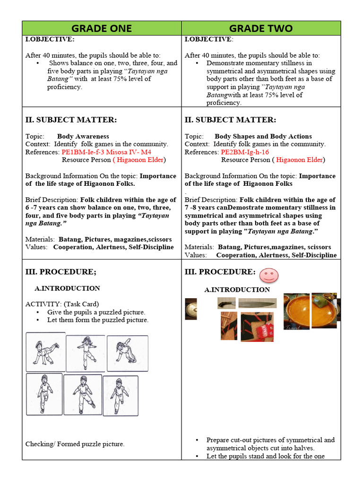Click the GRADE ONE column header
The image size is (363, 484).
[x=102, y=28]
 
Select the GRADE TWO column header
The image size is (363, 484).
[x=261, y=28]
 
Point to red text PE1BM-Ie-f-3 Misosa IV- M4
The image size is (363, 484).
[x=106, y=152]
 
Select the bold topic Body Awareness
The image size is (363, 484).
[x=83, y=136]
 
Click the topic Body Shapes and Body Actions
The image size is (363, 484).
[x=263, y=136]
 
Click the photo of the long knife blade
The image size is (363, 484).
[x=258, y=303]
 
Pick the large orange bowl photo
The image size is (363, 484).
[x=297, y=311]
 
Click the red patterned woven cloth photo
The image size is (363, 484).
[x=257, y=327]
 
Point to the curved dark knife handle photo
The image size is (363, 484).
[x=226, y=303]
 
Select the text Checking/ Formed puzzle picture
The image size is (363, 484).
[x=75, y=444]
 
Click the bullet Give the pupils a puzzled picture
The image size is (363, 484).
[x=96, y=312]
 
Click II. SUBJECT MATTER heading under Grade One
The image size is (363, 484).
[x=71, y=120]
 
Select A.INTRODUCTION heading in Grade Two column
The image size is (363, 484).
[x=237, y=290]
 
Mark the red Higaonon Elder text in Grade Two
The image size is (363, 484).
[x=299, y=160]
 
